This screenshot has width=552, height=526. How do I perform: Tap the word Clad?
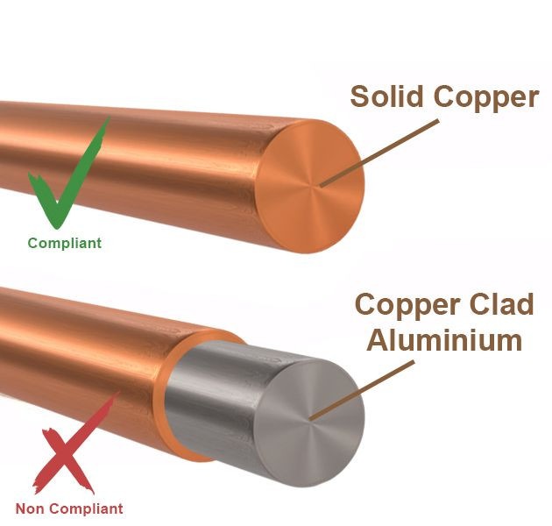click(499, 304)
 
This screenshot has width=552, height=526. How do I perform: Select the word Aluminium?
click(444, 339)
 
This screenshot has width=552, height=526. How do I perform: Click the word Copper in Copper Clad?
click(408, 304)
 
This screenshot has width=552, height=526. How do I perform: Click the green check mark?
click(66, 180)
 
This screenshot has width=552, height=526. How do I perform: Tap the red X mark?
click(74, 447)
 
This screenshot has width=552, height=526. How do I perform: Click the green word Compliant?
click(64, 244)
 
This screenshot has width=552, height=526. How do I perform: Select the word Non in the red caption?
click(32, 508)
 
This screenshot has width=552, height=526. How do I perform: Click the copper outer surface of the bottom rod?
click(79, 351)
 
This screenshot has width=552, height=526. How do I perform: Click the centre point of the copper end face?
click(318, 186)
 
